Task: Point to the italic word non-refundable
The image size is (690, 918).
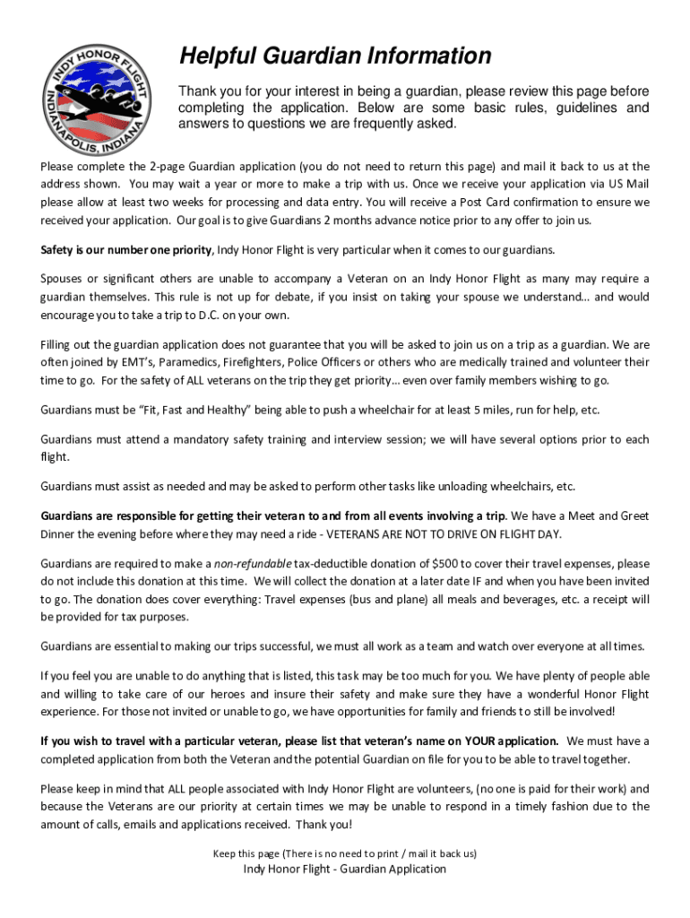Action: click(253, 564)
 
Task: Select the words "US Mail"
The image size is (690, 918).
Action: click(625, 184)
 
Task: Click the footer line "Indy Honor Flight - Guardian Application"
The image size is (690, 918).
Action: click(345, 869)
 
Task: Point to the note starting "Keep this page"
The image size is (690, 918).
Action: click(345, 853)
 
